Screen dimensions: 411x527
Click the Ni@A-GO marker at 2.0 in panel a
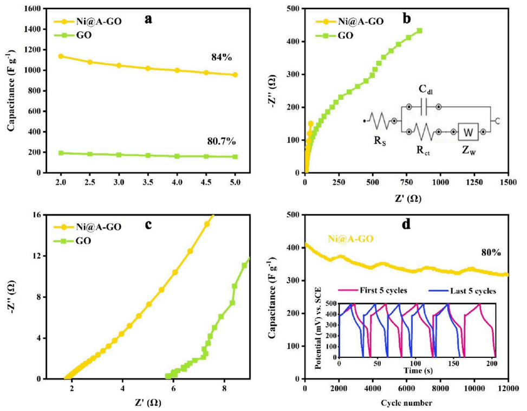[61, 56]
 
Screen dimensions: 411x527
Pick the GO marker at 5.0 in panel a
[235, 157]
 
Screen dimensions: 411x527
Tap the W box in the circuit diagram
[467, 132]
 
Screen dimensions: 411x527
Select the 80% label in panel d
[491, 252]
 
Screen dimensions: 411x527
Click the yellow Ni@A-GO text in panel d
[351, 237]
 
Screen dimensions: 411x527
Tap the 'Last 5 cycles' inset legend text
[473, 291]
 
